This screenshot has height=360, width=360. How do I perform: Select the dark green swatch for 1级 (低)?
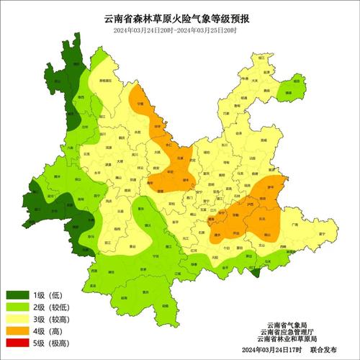(18, 295)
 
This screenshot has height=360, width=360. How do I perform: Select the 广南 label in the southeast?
(292, 225)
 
